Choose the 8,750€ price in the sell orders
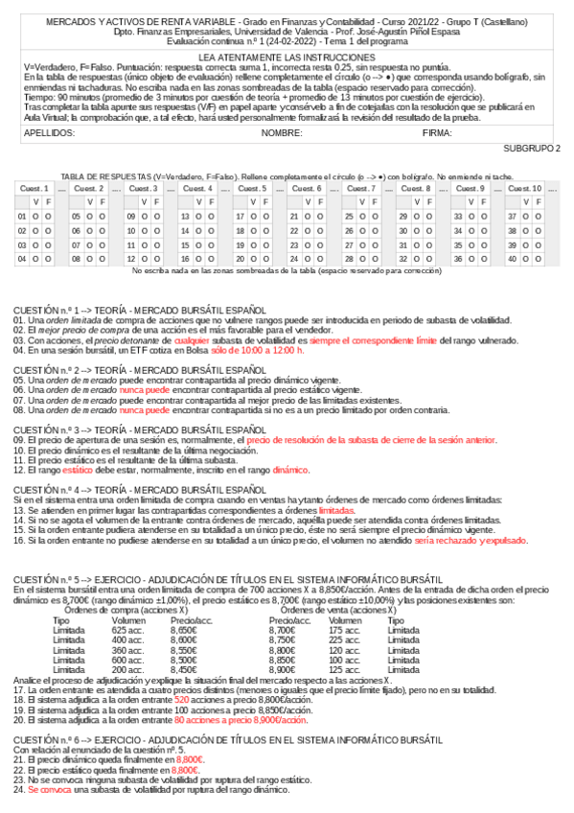tap(283, 640)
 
